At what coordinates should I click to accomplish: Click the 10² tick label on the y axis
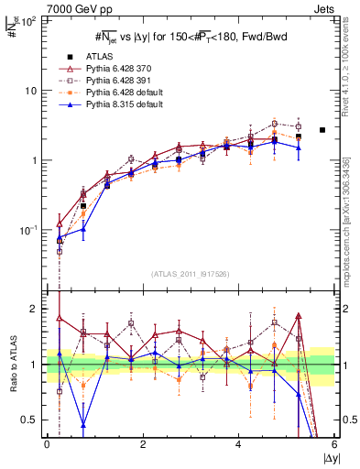coord(30,21)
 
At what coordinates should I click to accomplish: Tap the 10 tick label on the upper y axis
coord(33,91)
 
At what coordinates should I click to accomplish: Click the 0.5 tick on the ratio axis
coord(32,420)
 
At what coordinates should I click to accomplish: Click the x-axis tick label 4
coord(238,445)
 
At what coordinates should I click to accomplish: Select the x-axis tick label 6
coord(334,445)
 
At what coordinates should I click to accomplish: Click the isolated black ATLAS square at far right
coord(322,130)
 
